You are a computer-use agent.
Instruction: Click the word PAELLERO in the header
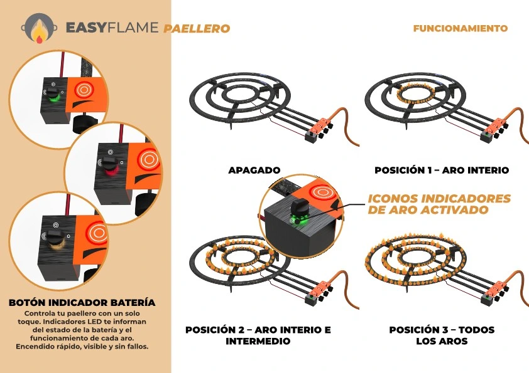click(197, 28)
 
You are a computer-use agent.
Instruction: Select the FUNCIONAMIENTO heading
click(461, 28)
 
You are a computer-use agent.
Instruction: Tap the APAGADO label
click(254, 170)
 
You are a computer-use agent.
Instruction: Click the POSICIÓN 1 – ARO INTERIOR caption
click(442, 170)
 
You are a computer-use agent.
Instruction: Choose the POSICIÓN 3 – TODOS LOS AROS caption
click(442, 335)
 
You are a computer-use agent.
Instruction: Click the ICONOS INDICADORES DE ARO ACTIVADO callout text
click(439, 204)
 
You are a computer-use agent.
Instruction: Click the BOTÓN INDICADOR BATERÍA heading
click(82, 303)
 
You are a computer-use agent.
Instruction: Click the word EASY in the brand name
click(89, 28)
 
